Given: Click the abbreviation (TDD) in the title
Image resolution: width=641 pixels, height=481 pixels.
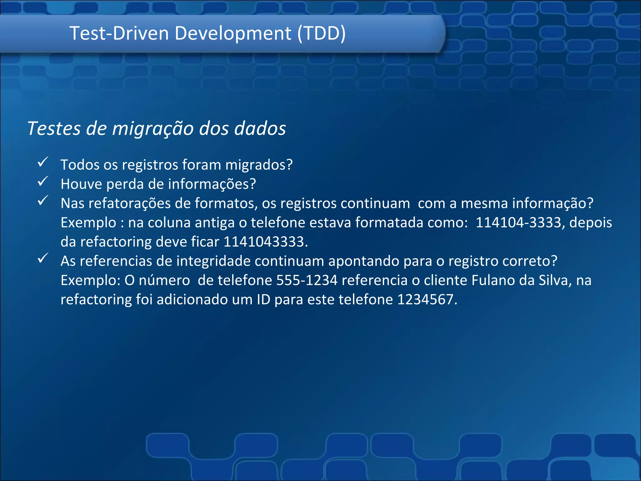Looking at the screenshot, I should click(321, 33).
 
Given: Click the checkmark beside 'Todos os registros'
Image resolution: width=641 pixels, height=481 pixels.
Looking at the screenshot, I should click(43, 162).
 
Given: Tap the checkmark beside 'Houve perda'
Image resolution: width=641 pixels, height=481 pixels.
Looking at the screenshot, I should click(43, 181).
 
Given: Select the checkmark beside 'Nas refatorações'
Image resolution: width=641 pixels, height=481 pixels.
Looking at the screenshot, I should click(43, 200).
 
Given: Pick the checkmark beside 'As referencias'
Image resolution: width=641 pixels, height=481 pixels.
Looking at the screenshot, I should click(43, 258).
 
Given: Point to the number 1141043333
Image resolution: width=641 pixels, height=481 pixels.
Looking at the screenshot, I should click(264, 242).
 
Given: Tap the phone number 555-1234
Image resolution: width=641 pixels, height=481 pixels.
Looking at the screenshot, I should click(307, 280).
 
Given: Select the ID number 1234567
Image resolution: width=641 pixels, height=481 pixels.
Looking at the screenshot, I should click(425, 300).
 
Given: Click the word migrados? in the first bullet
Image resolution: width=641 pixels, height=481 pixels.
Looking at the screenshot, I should click(259, 165).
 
